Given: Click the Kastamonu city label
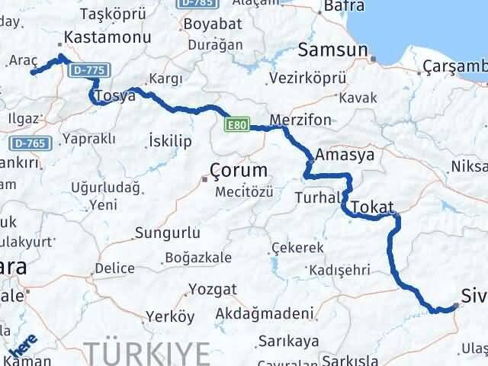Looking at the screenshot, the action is point(101,36).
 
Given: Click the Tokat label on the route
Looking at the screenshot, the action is point(373,207).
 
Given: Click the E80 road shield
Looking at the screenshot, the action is point(236,123).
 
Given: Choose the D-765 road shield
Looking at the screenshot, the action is point(28,143).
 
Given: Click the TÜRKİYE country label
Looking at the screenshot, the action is point(146,353).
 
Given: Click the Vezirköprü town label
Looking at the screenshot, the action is point(308,78).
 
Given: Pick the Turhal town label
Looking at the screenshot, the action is point(316,197).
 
